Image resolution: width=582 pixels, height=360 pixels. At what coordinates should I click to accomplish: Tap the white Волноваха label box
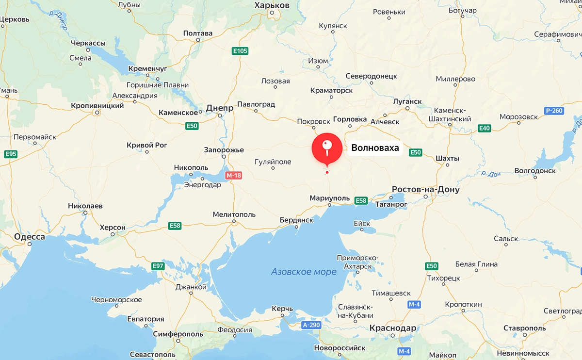pyautogui.click(x=375, y=148)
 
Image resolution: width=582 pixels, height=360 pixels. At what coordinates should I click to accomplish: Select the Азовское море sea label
pyautogui.click(x=304, y=272)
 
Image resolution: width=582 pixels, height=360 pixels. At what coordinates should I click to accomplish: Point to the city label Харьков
pyautogui.click(x=272, y=5)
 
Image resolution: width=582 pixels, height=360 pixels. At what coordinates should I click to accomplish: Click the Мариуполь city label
pyautogui.click(x=330, y=198)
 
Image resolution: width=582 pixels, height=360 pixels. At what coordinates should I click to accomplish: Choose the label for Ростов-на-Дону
pyautogui.click(x=425, y=189)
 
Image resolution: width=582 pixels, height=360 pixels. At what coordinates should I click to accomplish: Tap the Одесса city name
pyautogui.click(x=30, y=237)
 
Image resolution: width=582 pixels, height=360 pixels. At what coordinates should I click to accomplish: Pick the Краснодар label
pyautogui.click(x=393, y=328)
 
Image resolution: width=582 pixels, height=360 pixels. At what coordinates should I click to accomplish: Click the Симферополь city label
pyautogui.click(x=178, y=334)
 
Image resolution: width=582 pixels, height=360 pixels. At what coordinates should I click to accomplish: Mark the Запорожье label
pyautogui.click(x=224, y=150)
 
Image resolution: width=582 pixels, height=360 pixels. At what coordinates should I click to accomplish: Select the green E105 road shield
pyautogui.click(x=240, y=51)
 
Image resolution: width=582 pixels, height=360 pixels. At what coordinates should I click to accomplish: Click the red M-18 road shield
pyautogui.click(x=233, y=175)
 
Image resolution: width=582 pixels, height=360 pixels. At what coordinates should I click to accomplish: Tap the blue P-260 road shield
pyautogui.click(x=553, y=111)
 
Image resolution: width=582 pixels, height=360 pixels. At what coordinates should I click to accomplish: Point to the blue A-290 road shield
pyautogui.click(x=311, y=325)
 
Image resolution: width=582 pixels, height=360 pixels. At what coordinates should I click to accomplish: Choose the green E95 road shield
pyautogui.click(x=10, y=154)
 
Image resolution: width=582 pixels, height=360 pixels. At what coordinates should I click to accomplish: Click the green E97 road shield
pyautogui.click(x=158, y=266)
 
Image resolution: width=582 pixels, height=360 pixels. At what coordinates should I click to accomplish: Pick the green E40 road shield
pyautogui.click(x=484, y=128)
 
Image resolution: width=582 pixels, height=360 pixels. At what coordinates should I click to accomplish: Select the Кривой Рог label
pyautogui.click(x=147, y=145)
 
